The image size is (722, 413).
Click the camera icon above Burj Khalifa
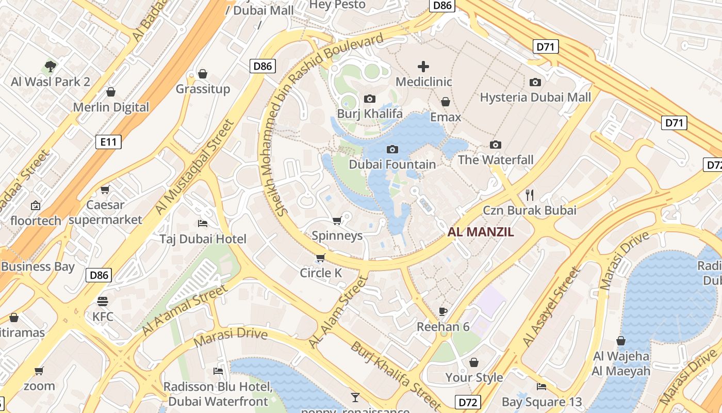(x=369, y=99)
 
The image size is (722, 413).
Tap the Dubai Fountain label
(x=392, y=164)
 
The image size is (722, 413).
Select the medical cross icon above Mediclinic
(x=423, y=66)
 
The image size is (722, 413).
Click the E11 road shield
(x=108, y=142)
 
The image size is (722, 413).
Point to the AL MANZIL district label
(x=481, y=232)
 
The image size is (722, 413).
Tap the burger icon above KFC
(x=103, y=301)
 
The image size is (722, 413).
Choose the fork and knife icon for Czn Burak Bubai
(x=529, y=195)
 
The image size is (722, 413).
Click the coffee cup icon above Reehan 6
(x=442, y=311)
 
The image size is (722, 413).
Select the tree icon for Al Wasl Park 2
(x=50, y=66)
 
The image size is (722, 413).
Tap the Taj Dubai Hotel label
(x=203, y=239)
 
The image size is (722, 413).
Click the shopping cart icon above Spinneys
(x=337, y=221)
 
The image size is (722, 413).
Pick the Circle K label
(x=321, y=273)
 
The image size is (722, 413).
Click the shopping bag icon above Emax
(x=446, y=102)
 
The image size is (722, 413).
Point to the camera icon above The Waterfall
(x=496, y=145)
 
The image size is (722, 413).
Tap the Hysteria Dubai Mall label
(x=535, y=98)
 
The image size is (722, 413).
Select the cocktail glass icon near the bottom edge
(x=355, y=397)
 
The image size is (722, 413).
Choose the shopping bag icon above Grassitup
(x=203, y=74)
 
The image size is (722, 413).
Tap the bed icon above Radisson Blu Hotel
(x=218, y=371)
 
